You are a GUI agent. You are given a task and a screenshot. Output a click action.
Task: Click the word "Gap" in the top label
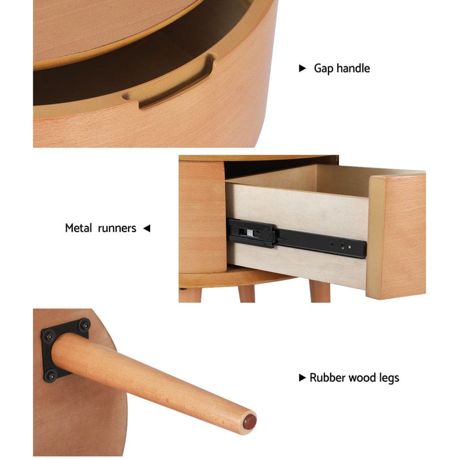[323, 68]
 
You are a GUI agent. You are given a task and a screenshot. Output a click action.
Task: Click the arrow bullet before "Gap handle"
[302, 68]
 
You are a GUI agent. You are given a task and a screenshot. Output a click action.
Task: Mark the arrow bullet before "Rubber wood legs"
[302, 378]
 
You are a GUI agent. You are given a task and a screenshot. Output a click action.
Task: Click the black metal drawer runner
[295, 239]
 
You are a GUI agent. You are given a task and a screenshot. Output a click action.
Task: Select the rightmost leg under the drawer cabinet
[319, 292]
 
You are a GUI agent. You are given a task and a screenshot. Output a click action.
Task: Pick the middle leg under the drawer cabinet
[247, 293]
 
